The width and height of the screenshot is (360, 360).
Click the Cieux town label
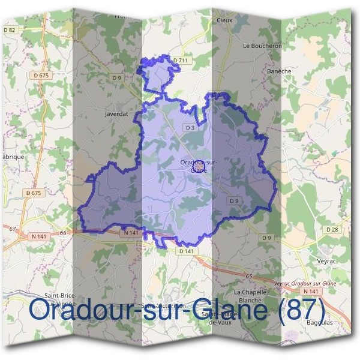224,19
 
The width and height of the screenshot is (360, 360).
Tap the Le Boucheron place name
262,45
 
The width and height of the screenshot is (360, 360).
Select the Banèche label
279,71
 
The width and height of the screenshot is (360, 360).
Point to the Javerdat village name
116,113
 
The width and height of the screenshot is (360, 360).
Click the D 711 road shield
180,60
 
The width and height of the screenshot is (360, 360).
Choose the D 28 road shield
332,230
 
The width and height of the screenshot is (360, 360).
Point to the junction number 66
62,232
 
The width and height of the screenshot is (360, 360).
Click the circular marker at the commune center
200,162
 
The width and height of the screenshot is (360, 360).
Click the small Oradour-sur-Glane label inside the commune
198,166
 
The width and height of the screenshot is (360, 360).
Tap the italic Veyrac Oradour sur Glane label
304,283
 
